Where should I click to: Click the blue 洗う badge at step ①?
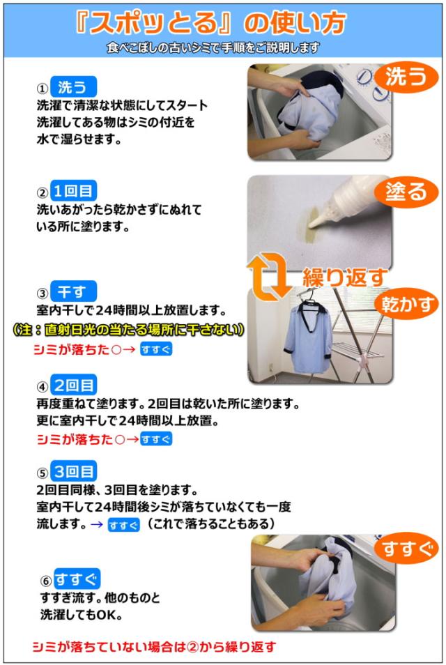click(x=72, y=88)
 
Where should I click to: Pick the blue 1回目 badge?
click(x=73, y=191)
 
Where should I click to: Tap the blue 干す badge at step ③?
click(x=72, y=291)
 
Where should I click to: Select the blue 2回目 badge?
click(x=73, y=385)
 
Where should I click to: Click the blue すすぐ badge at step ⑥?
click(x=77, y=579)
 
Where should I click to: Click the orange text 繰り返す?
click(x=344, y=277)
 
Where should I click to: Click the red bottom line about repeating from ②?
click(x=154, y=647)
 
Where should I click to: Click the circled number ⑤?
click(x=42, y=472)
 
